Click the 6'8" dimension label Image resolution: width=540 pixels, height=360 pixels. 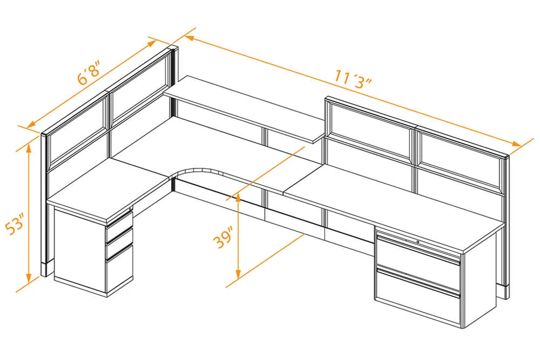coord(89,73)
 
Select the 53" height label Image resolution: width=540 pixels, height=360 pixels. coord(15,224)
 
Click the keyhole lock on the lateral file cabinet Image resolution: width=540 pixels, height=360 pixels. coord(418,242)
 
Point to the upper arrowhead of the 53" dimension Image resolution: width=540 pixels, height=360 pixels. coord(29,147)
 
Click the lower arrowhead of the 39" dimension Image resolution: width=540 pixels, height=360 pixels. coord(238,274)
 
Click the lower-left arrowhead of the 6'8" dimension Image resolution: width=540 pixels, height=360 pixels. coord(32,124)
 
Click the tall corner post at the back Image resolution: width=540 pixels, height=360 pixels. coord(174,66)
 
